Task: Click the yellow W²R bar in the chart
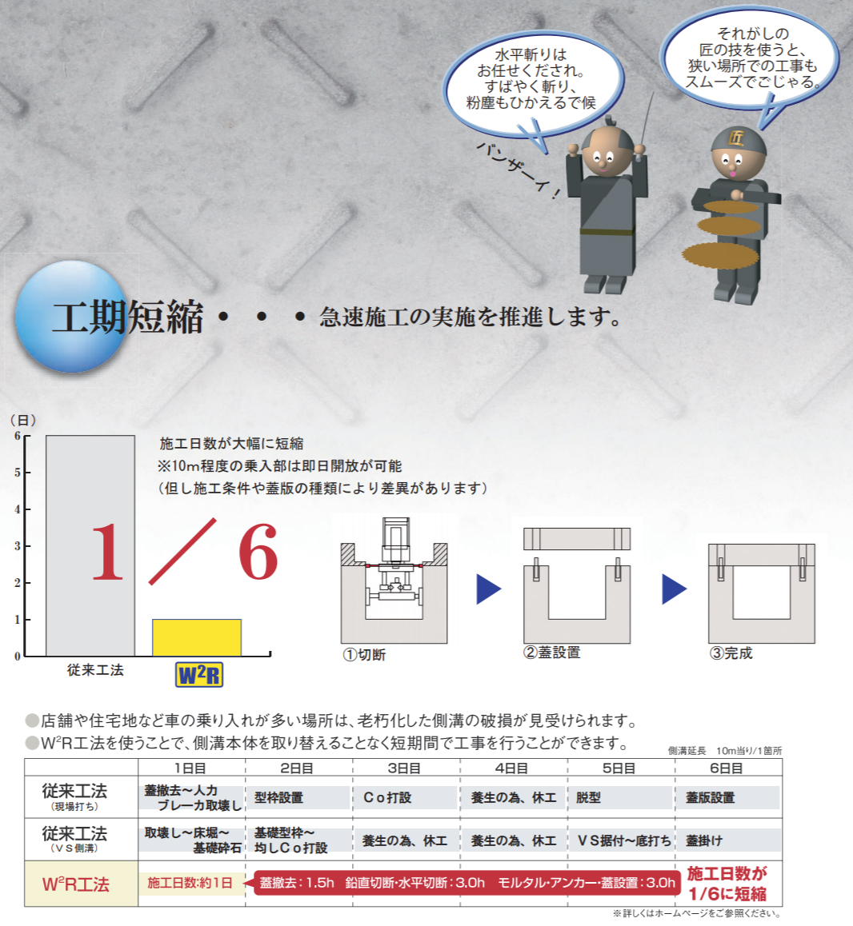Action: (x=197, y=637)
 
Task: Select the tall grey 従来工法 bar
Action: (x=90, y=545)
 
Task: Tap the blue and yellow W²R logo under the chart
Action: (x=199, y=674)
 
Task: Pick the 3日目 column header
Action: (x=404, y=768)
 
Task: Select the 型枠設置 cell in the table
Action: (x=279, y=797)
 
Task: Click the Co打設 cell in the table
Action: (x=387, y=797)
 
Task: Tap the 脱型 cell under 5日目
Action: (x=588, y=797)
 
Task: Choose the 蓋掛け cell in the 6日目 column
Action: (x=704, y=840)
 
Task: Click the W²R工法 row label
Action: (x=76, y=884)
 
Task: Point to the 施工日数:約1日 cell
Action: (x=190, y=883)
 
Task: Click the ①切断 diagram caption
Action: (x=364, y=654)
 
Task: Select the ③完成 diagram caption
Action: (x=731, y=653)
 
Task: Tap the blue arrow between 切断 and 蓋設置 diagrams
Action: (x=489, y=589)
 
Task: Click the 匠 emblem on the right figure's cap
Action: (x=736, y=138)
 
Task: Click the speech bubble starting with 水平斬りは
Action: (x=531, y=82)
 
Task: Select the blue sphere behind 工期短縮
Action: (x=72, y=317)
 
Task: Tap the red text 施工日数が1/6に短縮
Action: (x=727, y=884)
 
